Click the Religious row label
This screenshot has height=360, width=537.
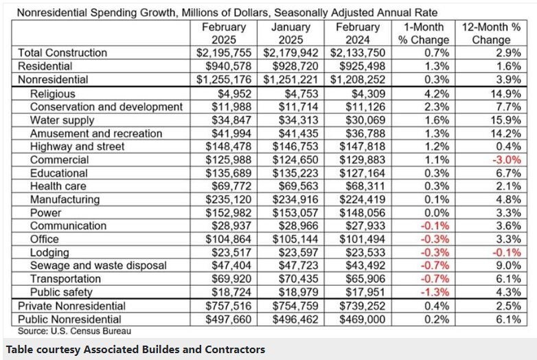coord(52,93)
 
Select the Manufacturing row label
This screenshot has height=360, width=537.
coord(65,200)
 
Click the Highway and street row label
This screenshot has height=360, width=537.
coord(77,146)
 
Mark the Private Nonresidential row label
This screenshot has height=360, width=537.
coord(70,306)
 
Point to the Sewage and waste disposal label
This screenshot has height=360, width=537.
coord(98,266)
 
